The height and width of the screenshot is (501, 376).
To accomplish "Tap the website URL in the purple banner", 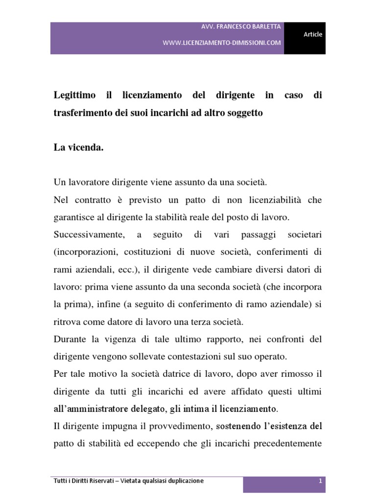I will (x=222, y=43).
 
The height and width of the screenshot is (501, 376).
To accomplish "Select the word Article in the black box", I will (x=313, y=34).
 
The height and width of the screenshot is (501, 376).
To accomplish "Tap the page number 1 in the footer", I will (x=320, y=481).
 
